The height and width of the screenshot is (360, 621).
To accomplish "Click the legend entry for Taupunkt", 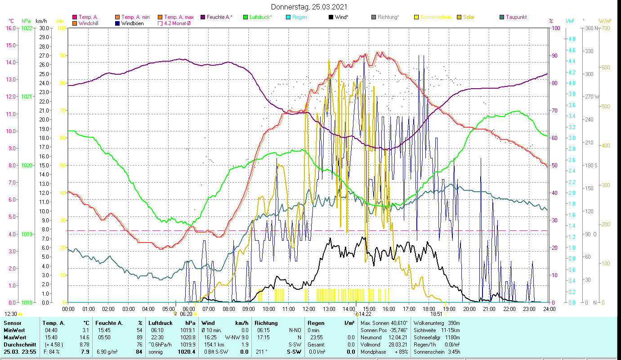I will [x=516, y=17].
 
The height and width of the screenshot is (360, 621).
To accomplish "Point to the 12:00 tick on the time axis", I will [x=309, y=309].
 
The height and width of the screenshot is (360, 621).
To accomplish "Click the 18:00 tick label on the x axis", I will [x=429, y=309].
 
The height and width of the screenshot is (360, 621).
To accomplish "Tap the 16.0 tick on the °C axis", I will [x=11, y=28].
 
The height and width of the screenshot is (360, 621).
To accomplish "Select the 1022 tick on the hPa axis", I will [x=27, y=28].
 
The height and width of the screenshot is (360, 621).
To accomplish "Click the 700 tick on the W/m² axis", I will [x=604, y=28].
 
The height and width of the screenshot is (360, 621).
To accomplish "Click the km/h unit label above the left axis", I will [x=41, y=21].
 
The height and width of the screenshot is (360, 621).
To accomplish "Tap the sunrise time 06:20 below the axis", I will [x=186, y=314].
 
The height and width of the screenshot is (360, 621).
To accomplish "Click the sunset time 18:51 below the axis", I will [x=437, y=314].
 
